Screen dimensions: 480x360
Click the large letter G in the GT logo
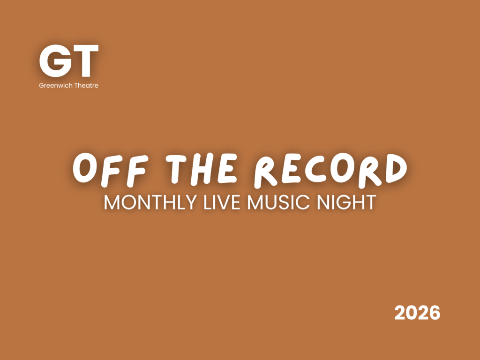pyautogui.click(x=56, y=61)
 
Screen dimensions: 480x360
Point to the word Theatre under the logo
pyautogui.click(x=87, y=85)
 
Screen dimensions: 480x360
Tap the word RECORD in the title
pyautogui.click(x=330, y=170)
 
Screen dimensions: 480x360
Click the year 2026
pyautogui.click(x=417, y=313)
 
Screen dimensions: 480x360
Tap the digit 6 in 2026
pyautogui.click(x=435, y=313)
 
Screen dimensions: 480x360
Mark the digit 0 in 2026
pyautogui.click(x=412, y=313)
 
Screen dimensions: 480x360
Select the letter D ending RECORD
pyautogui.click(x=396, y=168)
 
